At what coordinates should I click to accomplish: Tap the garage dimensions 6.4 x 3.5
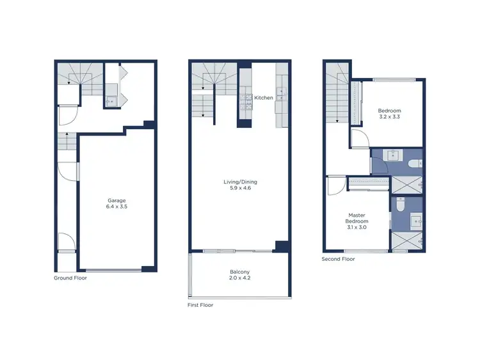116,207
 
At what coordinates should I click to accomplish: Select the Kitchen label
264,98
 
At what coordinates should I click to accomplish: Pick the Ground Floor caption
70,278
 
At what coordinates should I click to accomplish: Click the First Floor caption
200,305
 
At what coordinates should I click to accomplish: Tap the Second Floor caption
339,259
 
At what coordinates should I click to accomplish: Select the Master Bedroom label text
356,219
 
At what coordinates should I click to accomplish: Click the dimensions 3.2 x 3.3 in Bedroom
390,117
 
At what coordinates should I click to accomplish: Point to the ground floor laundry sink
110,100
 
